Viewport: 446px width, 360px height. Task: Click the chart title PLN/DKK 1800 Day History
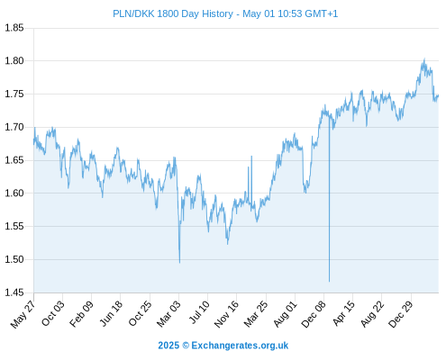coord(173,13)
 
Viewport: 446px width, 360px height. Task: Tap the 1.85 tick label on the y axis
coord(14,28)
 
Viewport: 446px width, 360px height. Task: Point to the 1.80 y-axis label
coord(14,61)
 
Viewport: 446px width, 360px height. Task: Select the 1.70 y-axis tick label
coord(14,127)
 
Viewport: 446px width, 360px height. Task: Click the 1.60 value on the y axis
coord(14,193)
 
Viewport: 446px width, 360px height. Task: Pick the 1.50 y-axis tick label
coord(14,259)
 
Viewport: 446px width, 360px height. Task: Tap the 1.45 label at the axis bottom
coord(14,292)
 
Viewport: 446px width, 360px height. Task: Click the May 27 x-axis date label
coord(23,314)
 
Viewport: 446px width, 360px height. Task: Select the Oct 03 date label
coord(53,313)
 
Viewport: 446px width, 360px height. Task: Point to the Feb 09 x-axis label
coord(81,314)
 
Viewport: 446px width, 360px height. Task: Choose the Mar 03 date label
coord(168,313)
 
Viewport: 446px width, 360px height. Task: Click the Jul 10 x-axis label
coord(199,312)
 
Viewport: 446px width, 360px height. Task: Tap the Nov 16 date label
coord(226,314)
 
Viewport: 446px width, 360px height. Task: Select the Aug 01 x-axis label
coord(286,313)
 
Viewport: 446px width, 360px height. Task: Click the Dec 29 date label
coord(401,314)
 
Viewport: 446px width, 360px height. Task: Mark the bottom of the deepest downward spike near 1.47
coord(329,282)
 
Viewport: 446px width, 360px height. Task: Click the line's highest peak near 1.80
coord(424,59)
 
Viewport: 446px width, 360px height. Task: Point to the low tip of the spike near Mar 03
coord(179,263)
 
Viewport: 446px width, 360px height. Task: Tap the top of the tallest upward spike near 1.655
coord(251,157)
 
